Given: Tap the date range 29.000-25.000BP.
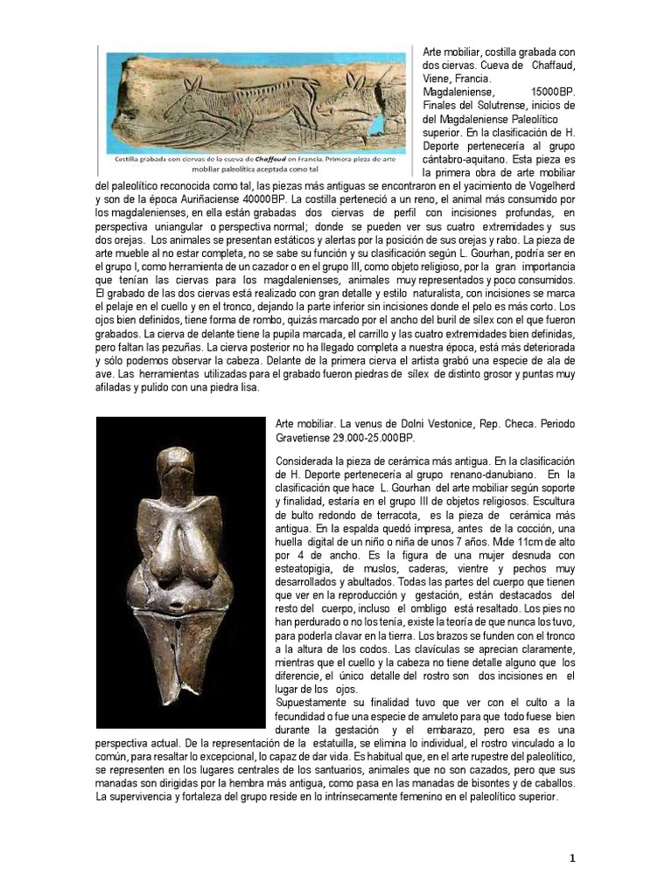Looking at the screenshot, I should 374,438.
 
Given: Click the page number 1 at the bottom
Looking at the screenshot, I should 571,858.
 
